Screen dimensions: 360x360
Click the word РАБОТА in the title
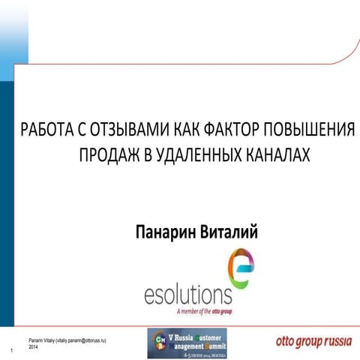(x=45, y=128)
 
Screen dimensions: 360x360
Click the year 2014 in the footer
(x=34, y=347)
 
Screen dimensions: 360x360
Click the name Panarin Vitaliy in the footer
(x=42, y=340)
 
